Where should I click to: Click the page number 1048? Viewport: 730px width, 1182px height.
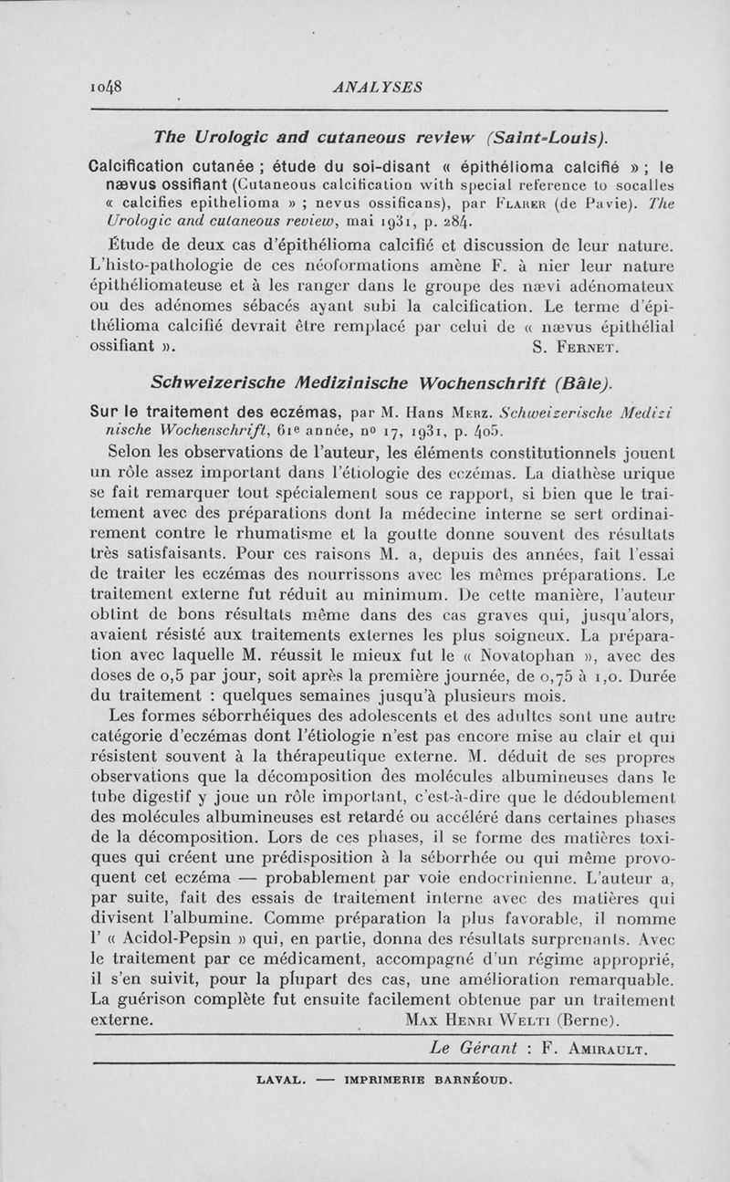pos(108,88)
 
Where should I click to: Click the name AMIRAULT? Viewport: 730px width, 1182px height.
pos(609,1049)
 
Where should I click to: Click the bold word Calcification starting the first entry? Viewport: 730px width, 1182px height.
pos(151,168)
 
